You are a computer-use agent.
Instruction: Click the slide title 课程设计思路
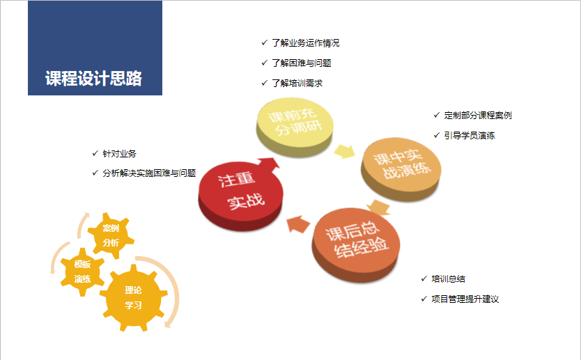[x=94, y=78]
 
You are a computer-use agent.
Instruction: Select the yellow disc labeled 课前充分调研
[x=295, y=127]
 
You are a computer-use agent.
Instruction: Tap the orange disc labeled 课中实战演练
[x=401, y=169]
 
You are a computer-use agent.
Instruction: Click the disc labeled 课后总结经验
[x=356, y=245]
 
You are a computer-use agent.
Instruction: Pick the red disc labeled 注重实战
[x=240, y=196]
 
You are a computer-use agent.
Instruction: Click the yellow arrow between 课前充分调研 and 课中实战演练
[x=345, y=152]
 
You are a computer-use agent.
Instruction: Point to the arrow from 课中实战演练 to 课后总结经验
[x=379, y=208]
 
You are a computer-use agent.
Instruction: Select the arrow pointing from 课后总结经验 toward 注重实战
[x=298, y=224]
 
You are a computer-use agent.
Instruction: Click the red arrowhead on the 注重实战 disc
[x=270, y=164]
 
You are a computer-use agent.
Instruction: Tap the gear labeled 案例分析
[x=111, y=235]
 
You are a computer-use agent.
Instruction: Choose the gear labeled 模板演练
[x=82, y=272]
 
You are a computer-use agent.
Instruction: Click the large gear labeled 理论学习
[x=133, y=297]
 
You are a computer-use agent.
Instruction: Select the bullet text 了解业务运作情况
[x=306, y=43]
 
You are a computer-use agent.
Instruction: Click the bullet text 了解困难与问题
[x=302, y=63]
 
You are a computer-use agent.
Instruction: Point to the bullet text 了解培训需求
[x=297, y=84]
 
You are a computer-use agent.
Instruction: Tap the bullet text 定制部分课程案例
[x=478, y=116]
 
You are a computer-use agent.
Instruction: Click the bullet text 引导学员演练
[x=470, y=136]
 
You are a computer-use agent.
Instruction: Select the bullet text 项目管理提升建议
[x=465, y=299]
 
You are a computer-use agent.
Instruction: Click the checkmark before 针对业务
[x=95, y=153]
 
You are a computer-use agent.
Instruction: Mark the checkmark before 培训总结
[x=424, y=279]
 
